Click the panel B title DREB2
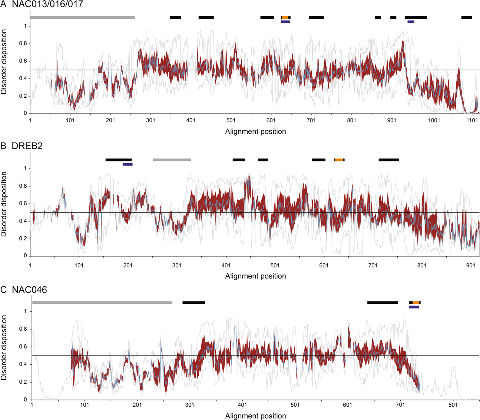coord(27,146)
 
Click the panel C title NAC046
coord(29,290)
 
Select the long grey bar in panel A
coord(83,17)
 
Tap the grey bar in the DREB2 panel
coord(172,160)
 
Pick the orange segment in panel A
coord(285,17)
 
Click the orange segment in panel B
coord(339,160)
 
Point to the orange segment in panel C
coord(416,303)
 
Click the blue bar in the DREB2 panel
coord(128,164)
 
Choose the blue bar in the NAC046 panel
coord(414,307)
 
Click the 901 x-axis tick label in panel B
coord(471,265)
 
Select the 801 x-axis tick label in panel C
coord(453,406)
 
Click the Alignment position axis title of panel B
coord(255,276)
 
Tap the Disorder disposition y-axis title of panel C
coord(4,348)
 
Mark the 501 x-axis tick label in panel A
coord(231,121)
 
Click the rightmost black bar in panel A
coord(467,17)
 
